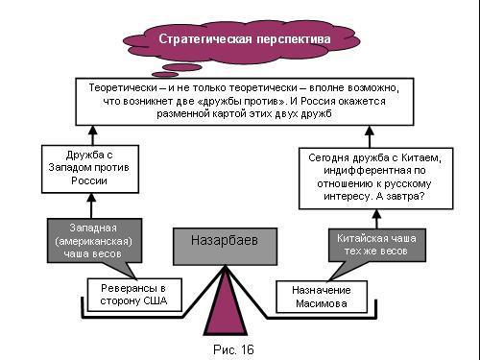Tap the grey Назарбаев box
225,245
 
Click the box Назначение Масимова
317,297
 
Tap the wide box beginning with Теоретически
238,100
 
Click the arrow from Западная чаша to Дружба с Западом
92,204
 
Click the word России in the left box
84,179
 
